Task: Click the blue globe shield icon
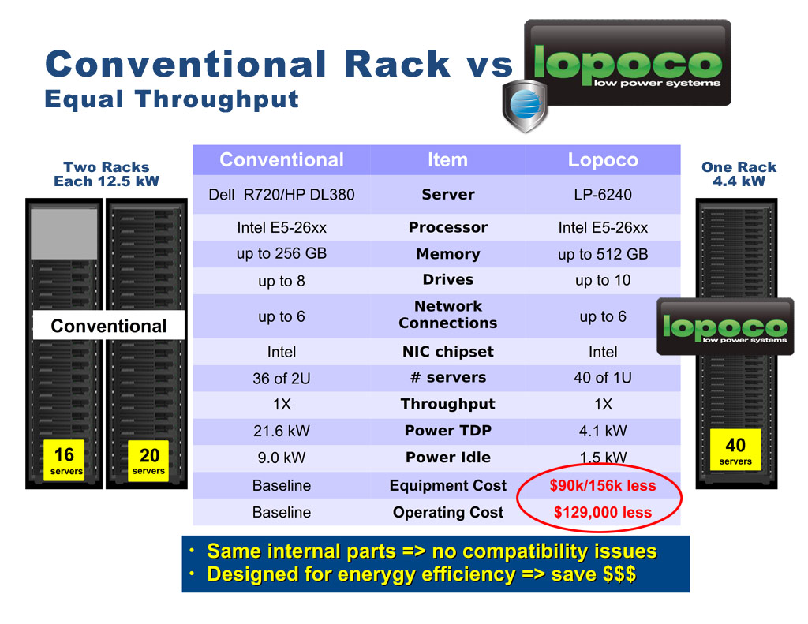pyautogui.click(x=525, y=106)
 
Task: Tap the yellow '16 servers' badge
pyautogui.click(x=64, y=460)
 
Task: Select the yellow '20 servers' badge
pyautogui.click(x=148, y=461)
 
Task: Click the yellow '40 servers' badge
pyautogui.click(x=735, y=450)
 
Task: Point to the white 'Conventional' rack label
pyautogui.click(x=109, y=325)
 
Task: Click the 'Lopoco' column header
pyautogui.click(x=603, y=159)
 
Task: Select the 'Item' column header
pyautogui.click(x=448, y=159)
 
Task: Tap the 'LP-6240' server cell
pyautogui.click(x=603, y=194)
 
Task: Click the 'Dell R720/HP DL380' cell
pyautogui.click(x=282, y=194)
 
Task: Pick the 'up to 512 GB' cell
pyautogui.click(x=603, y=254)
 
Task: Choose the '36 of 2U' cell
pyautogui.click(x=282, y=378)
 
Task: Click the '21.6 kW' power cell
pyautogui.click(x=282, y=431)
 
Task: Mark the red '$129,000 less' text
pyautogui.click(x=603, y=512)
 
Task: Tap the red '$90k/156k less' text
pyautogui.click(x=603, y=485)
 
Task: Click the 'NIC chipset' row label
pyautogui.click(x=448, y=352)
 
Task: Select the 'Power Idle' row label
pyautogui.click(x=448, y=457)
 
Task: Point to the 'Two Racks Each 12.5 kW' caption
pyautogui.click(x=107, y=174)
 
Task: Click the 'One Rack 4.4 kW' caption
pyautogui.click(x=739, y=174)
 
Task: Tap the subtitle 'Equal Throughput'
pyautogui.click(x=171, y=99)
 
